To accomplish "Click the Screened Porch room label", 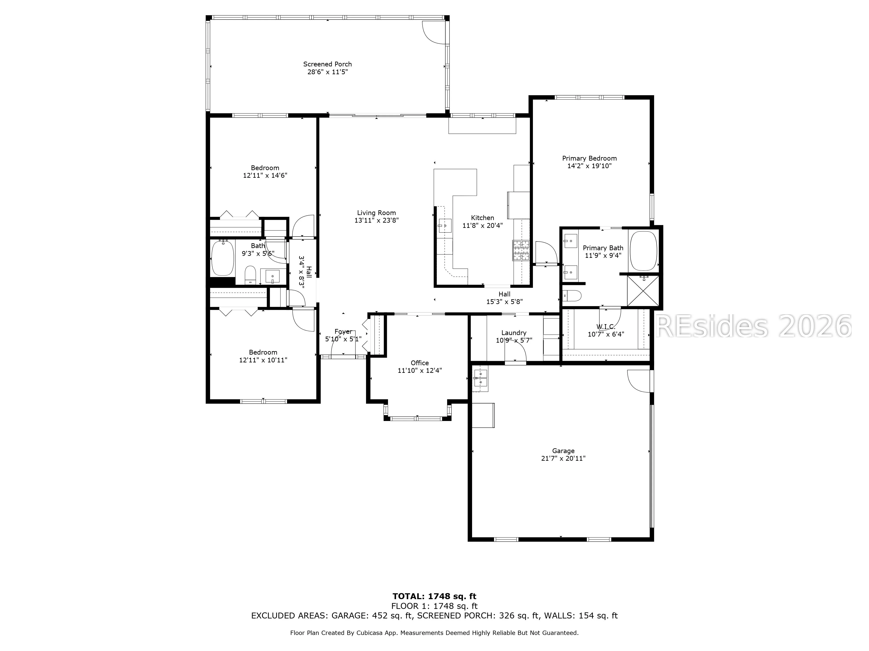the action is coord(327,64).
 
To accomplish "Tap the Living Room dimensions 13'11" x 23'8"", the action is coord(376,220).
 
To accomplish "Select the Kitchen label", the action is coord(483,218).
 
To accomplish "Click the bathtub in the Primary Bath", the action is coord(643,251).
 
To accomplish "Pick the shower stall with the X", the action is coord(643,291).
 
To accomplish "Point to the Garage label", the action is coord(563,451).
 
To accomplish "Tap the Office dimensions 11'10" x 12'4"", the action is coord(420,370).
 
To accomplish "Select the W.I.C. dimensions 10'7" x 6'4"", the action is coord(606,334).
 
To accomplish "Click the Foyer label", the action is coord(343,332).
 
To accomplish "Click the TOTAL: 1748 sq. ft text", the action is coord(434,597).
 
